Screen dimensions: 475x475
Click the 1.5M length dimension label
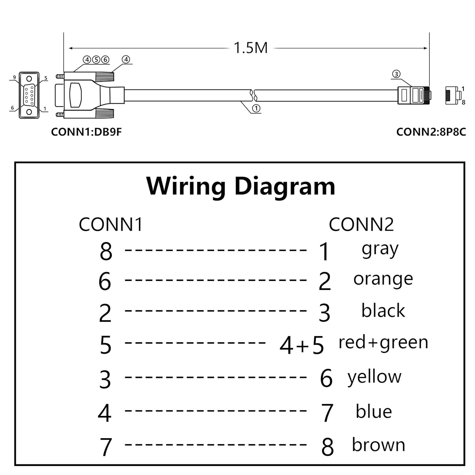(x=250, y=48)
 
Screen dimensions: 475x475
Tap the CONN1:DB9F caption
(x=86, y=132)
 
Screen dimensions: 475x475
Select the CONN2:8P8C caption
(x=431, y=132)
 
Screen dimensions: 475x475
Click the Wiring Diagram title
(x=241, y=186)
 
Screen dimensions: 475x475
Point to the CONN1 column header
(x=111, y=225)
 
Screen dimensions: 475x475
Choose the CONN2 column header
(x=361, y=225)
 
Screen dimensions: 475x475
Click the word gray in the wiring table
(x=380, y=250)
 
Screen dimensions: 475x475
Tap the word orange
(x=383, y=279)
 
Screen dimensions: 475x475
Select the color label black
(x=383, y=311)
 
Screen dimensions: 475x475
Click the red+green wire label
(x=383, y=343)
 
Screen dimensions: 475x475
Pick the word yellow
(x=374, y=377)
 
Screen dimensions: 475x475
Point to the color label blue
(x=374, y=411)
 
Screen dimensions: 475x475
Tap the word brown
(x=378, y=445)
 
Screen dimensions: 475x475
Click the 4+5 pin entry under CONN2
(x=301, y=345)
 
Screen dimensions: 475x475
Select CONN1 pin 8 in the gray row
(x=106, y=251)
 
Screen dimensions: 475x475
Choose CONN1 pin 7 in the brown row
(x=106, y=447)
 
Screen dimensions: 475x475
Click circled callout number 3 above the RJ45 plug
(x=396, y=74)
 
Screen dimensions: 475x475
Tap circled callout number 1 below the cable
(x=256, y=108)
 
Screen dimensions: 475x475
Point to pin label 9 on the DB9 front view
(x=14, y=77)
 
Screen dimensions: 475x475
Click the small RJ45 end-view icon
(x=453, y=95)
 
